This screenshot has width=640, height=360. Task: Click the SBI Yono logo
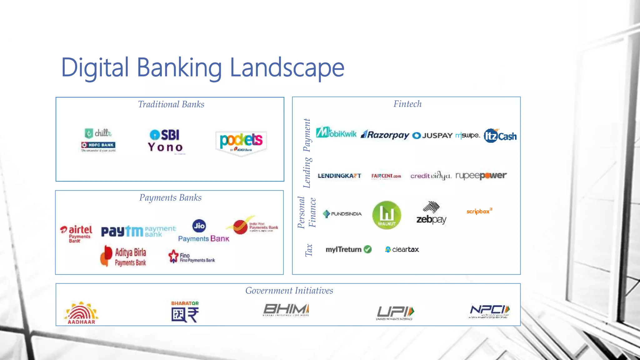pyautogui.click(x=166, y=141)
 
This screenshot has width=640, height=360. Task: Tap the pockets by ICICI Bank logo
pyautogui.click(x=241, y=142)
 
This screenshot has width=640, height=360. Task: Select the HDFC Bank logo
pyautogui.click(x=98, y=145)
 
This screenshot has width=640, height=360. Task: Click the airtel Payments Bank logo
pyautogui.click(x=77, y=234)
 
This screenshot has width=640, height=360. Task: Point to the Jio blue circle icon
pyautogui.click(x=199, y=226)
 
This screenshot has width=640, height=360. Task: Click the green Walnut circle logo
pyautogui.click(x=387, y=215)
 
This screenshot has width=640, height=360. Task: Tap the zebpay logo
pyautogui.click(x=431, y=213)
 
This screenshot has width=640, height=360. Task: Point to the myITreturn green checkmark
pyautogui.click(x=368, y=249)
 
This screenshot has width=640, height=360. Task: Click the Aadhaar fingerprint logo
pyautogui.click(x=81, y=312)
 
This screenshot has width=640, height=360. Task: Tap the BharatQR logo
pyautogui.click(x=185, y=312)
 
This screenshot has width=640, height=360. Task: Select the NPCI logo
pyautogui.click(x=489, y=311)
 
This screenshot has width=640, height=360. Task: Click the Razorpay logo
pyautogui.click(x=385, y=135)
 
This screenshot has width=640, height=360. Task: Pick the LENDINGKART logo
pyautogui.click(x=339, y=176)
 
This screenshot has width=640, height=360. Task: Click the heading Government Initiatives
pyautogui.click(x=289, y=291)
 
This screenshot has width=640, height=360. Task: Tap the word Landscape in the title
pyautogui.click(x=287, y=67)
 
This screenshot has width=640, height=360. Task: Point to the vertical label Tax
pyautogui.click(x=309, y=250)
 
